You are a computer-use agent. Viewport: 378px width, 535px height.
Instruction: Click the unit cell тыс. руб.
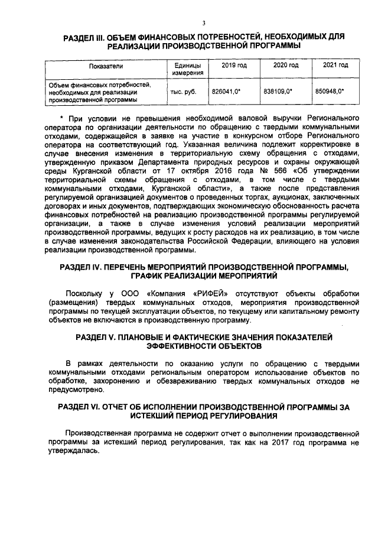[183, 92]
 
